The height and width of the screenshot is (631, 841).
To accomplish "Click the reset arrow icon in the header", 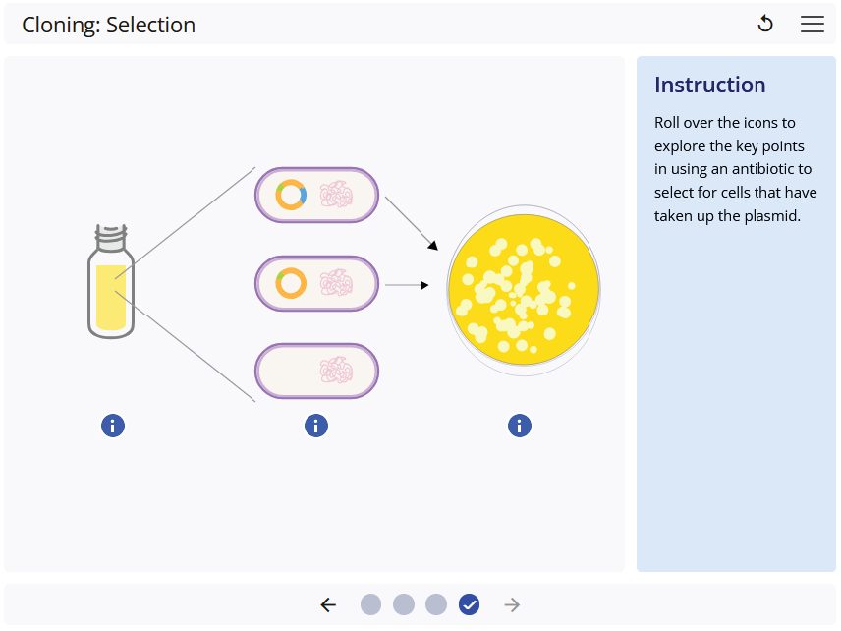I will point(765,24).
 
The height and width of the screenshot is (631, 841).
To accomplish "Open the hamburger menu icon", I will point(813,25).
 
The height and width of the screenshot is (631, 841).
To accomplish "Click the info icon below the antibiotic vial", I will point(113,426).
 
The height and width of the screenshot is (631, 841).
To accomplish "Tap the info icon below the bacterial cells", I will point(316,426).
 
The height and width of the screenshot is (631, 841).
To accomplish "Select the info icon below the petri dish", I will point(520,426).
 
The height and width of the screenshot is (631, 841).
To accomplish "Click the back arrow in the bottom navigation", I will point(328,604).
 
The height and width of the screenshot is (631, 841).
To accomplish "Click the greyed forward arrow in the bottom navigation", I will point(512,604).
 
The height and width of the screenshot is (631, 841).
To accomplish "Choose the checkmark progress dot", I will point(470,604).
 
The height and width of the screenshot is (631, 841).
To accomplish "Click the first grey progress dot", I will point(370,604).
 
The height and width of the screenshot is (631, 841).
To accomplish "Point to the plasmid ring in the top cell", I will point(291,195).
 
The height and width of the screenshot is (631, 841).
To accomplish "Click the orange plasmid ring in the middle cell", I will point(291,283).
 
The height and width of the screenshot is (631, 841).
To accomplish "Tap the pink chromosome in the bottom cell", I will point(336,372).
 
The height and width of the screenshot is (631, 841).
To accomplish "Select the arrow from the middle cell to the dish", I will point(407,285).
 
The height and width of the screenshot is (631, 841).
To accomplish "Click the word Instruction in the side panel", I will point(710,85).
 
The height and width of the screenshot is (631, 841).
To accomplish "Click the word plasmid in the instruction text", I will point(772,215).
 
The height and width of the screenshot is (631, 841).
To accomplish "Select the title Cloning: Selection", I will point(109,26).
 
